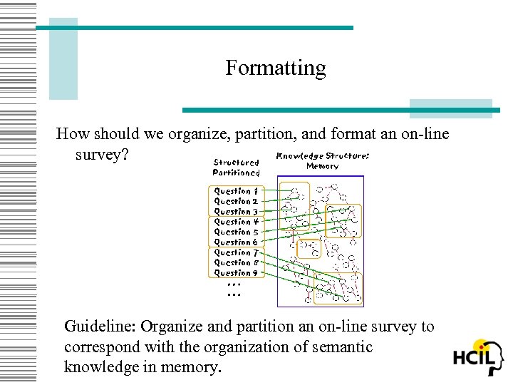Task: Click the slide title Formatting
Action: pos(275,68)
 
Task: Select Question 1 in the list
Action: pos(236,191)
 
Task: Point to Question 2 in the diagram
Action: pos(236,201)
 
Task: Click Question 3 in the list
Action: pos(236,211)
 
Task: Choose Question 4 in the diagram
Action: pos(236,222)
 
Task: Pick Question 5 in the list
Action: pos(236,232)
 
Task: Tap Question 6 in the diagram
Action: pos(236,242)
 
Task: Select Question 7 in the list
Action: pos(236,252)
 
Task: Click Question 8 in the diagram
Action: pos(236,262)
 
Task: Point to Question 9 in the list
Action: pos(236,272)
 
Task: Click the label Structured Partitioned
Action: pos(236,168)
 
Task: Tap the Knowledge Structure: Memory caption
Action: pos(322,160)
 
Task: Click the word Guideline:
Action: pos(100,327)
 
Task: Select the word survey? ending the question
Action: pos(101,154)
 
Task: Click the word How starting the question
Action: pos(72,134)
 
